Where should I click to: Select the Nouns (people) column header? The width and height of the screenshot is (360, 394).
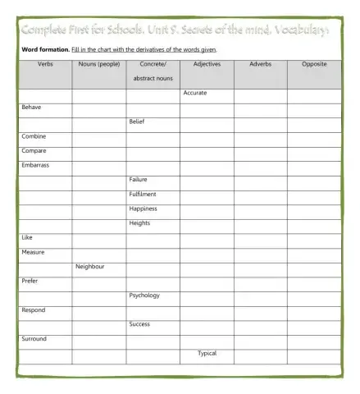[98, 63]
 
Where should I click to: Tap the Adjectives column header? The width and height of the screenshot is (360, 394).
[207, 63]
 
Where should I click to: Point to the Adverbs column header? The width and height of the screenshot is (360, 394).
[260, 63]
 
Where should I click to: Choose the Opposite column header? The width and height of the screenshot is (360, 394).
[315, 63]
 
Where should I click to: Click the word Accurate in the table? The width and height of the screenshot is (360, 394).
[195, 93]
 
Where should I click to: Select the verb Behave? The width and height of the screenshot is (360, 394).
[31, 108]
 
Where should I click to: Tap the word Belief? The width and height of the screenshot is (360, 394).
[137, 121]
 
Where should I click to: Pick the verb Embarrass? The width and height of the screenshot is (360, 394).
[35, 165]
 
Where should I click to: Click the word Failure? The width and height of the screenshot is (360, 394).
[138, 179]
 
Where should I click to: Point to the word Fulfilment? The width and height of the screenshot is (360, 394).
[142, 194]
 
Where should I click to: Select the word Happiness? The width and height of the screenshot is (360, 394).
[143, 208]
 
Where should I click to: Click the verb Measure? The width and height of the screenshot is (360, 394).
[33, 252]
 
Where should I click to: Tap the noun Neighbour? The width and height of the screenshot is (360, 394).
[90, 266]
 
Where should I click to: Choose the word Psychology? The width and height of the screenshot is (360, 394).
[144, 295]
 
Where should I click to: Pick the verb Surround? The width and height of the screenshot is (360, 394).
[34, 338]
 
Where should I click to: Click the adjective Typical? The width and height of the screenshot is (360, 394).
[207, 353]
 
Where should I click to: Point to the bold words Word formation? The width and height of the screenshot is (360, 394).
[45, 49]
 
